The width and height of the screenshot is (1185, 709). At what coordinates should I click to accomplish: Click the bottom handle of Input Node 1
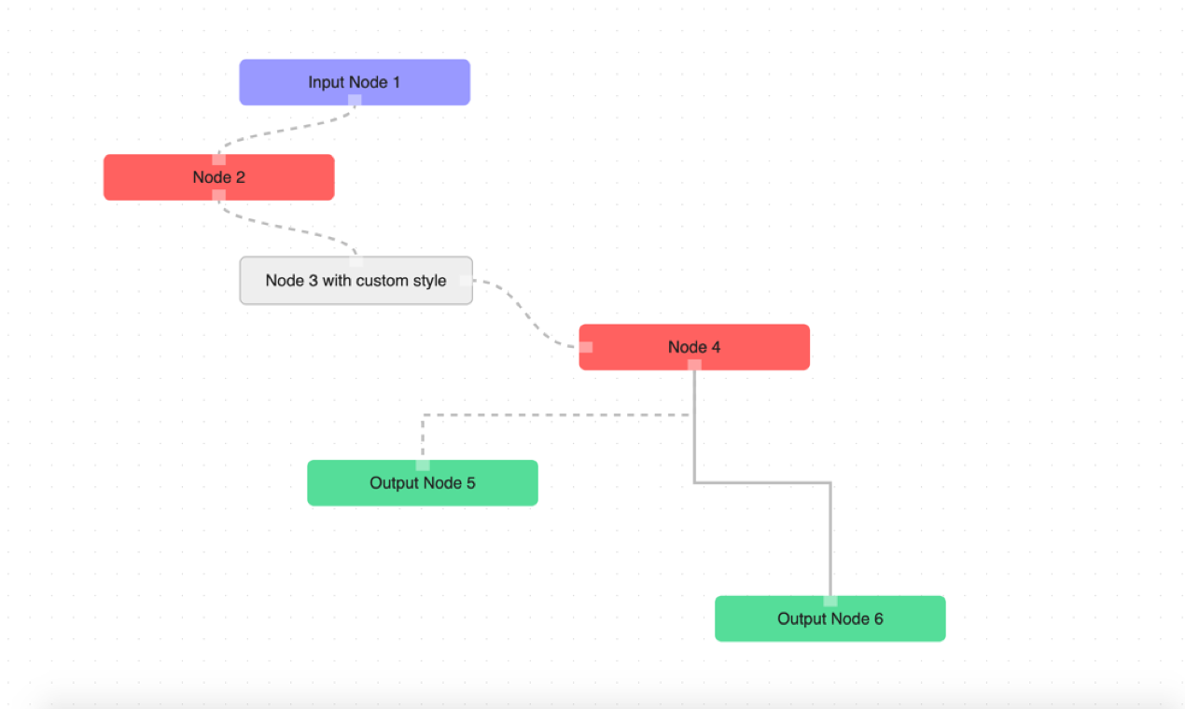point(355,100)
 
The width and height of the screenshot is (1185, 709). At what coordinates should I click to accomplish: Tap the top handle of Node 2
point(218,160)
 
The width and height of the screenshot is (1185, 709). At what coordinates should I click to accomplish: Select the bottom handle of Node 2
point(218,195)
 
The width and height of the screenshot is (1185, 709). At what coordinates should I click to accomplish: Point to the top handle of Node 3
point(355,261)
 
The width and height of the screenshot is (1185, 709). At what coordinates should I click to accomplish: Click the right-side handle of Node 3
point(467,280)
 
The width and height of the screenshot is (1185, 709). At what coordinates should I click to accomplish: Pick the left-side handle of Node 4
point(585,347)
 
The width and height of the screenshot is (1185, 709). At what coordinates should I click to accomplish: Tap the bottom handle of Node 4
point(694,365)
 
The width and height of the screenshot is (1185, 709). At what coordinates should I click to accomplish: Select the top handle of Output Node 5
point(423,465)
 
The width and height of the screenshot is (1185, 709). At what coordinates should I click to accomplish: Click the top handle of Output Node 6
point(830,601)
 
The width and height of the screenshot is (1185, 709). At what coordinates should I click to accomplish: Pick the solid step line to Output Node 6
point(765,482)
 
